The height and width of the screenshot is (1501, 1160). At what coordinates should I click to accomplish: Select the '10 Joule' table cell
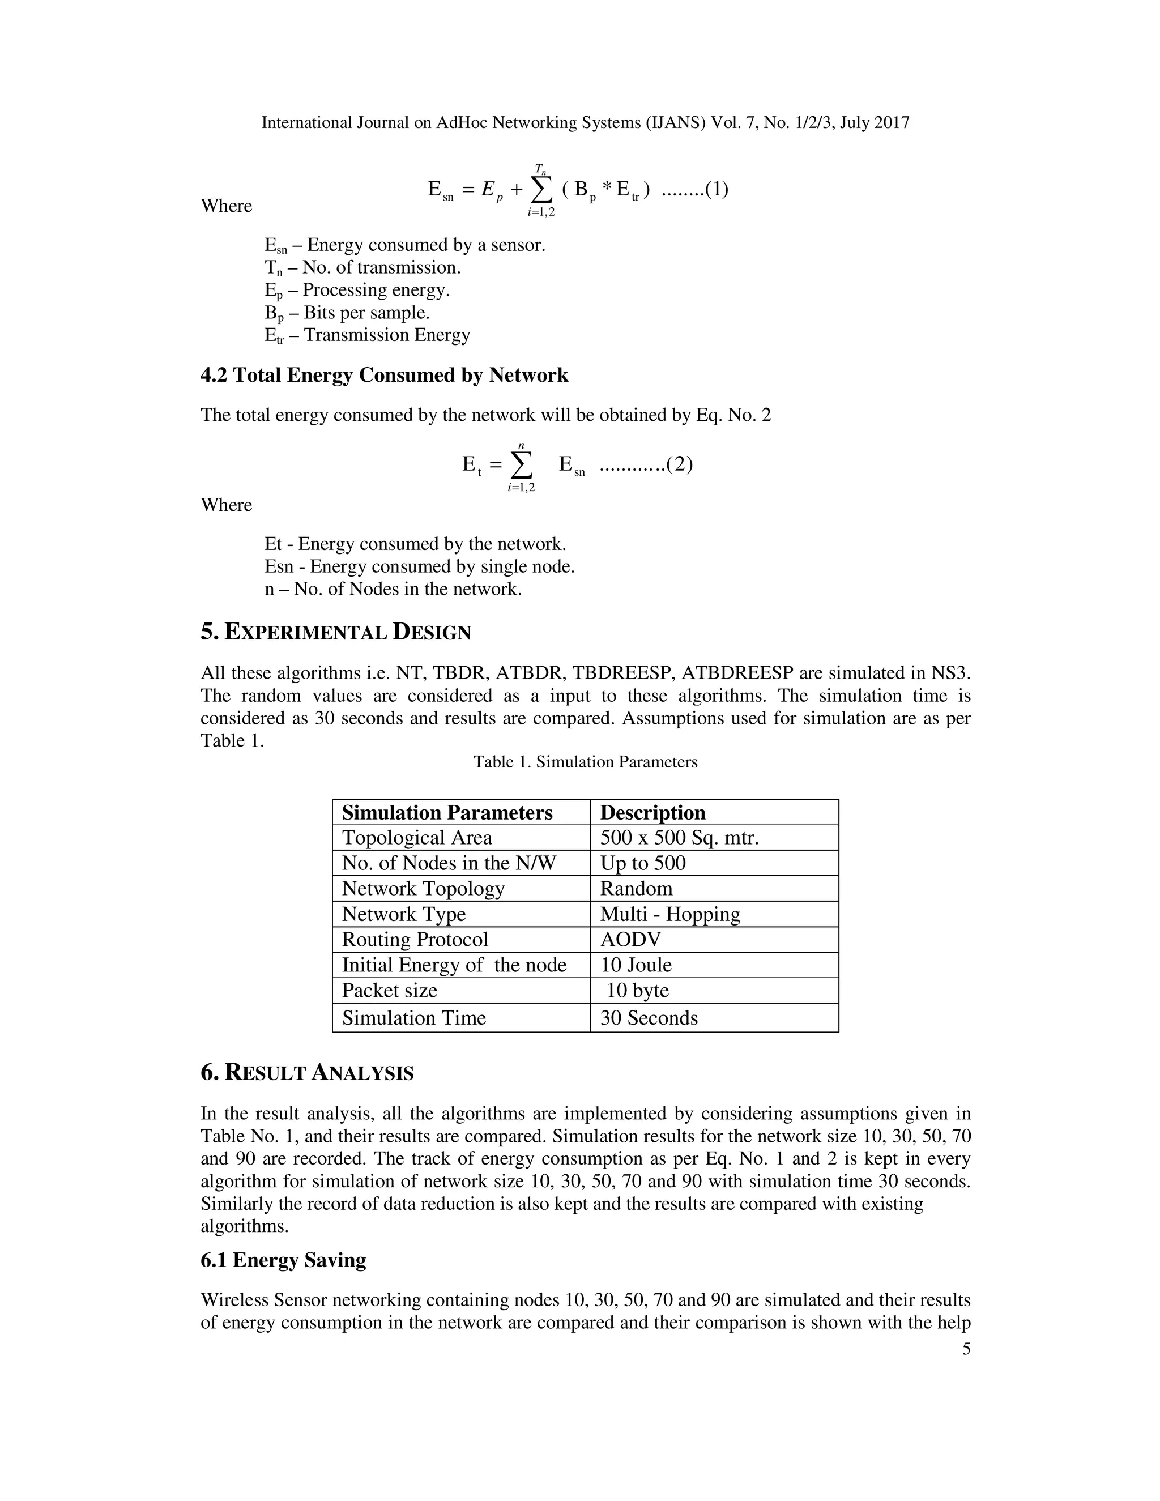[x=636, y=965]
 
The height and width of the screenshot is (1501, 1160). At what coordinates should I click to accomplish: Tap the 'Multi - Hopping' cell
[x=670, y=914]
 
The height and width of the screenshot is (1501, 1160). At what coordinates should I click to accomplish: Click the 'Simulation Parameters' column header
[x=447, y=812]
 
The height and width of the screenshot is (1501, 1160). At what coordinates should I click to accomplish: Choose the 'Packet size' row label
[x=390, y=990]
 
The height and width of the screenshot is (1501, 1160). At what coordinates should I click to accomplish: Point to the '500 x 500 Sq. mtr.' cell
[x=679, y=838]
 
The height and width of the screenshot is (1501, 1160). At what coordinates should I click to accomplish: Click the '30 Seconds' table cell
[x=649, y=1018]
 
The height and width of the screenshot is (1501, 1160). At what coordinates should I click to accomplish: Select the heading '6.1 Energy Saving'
[x=283, y=1260]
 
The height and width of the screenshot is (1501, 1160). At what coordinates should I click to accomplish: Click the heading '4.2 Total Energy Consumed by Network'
[x=384, y=375]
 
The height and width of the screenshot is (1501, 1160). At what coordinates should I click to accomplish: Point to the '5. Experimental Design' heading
[x=335, y=632]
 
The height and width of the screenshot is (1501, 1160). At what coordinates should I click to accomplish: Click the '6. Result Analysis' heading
[x=307, y=1073]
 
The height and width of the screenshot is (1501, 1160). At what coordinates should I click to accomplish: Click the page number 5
[x=966, y=1349]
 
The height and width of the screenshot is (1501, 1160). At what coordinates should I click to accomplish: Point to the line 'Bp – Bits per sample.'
[x=347, y=313]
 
